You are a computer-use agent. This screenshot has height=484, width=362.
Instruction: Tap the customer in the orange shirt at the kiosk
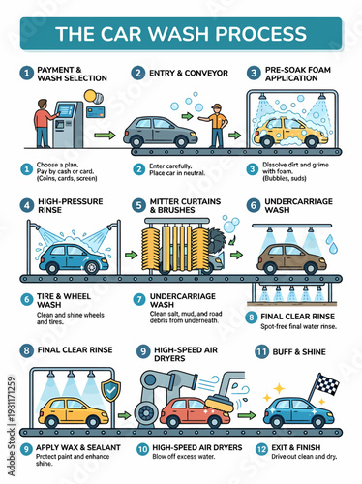coord(40,125)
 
